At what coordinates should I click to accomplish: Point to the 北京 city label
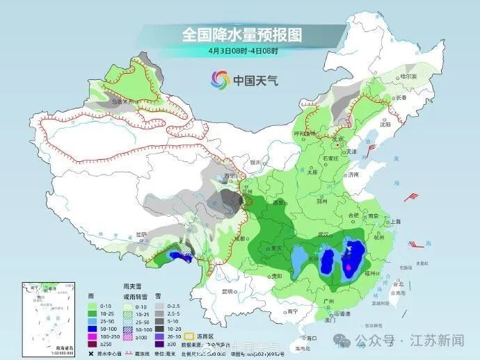coord(339,139)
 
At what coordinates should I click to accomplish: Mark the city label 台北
coord(399,284)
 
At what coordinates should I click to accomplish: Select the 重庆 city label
coord(280,248)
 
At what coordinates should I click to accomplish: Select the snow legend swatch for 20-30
coord(159,335)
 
